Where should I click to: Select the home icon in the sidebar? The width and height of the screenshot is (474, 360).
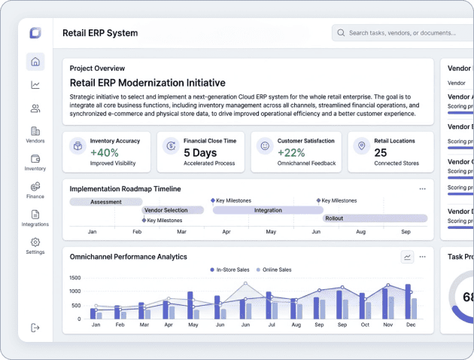coord(35,62)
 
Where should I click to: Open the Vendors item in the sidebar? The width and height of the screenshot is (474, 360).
coord(35,135)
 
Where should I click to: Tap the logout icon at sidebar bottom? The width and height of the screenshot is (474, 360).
coord(35,328)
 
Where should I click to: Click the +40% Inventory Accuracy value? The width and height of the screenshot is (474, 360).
coord(105,153)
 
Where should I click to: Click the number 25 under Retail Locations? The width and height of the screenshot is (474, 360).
coord(381,153)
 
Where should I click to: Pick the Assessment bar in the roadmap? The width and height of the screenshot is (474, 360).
coord(106,202)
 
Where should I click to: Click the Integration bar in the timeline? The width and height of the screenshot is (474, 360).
coord(268,210)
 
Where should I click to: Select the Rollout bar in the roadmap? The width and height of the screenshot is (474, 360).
coord(375,218)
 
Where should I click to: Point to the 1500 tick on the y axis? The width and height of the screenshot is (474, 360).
coord(74,278)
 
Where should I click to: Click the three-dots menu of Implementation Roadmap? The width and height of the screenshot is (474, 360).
coord(422,188)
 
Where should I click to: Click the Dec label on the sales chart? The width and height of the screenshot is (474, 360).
coord(410,325)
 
